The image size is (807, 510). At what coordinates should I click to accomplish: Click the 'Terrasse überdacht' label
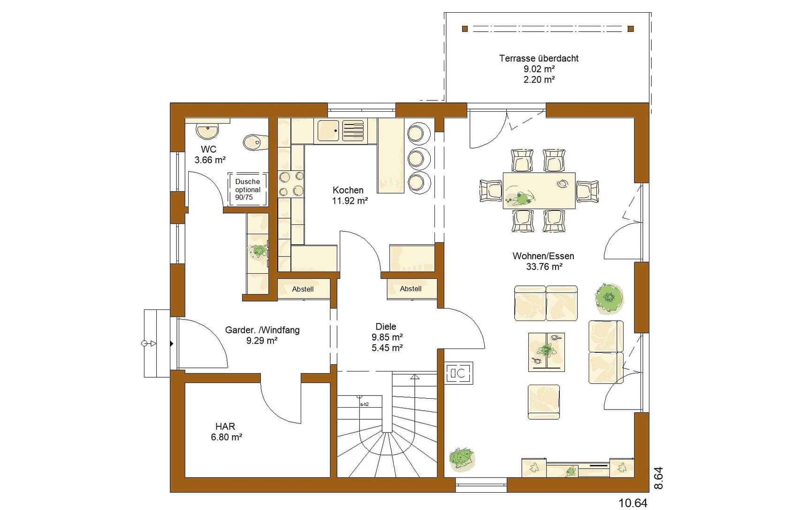tap(539, 59)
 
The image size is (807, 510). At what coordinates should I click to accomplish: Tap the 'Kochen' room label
tap(348, 190)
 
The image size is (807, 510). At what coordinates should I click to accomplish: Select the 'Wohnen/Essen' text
tap(543, 256)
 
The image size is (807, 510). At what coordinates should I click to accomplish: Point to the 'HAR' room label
tap(225, 426)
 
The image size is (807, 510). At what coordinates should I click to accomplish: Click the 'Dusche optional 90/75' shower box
tap(248, 189)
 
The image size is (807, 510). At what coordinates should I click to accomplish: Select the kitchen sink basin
tap(328, 131)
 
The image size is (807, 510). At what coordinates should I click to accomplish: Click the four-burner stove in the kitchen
tap(291, 184)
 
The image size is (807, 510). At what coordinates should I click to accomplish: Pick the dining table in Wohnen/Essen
tap(539, 190)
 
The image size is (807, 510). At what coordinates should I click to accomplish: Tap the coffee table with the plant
tap(547, 352)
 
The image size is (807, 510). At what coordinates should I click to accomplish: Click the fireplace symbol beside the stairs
tap(459, 373)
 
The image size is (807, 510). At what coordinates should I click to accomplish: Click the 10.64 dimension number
tap(633, 503)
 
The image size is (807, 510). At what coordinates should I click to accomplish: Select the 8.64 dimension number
tap(658, 478)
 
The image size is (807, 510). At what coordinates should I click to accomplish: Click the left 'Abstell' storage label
tap(303, 289)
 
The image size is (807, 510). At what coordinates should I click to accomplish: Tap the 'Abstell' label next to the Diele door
tap(411, 289)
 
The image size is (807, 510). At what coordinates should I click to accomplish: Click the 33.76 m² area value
tap(544, 267)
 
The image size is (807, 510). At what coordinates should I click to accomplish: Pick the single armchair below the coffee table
tap(544, 402)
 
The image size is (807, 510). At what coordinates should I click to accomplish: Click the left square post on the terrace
tap(465, 29)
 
